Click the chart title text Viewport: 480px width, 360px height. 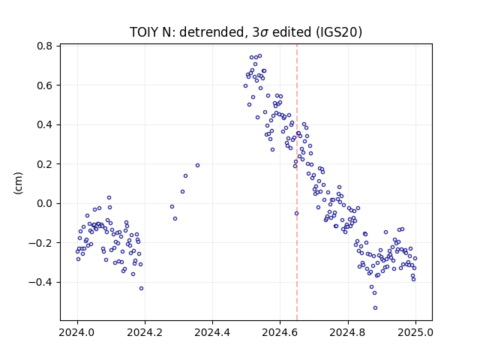point(246,32)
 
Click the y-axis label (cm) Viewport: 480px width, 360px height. point(18,183)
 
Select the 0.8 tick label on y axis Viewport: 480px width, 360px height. point(45,46)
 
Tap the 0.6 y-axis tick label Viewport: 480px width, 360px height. point(45,85)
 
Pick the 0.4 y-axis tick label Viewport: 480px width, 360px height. point(45,125)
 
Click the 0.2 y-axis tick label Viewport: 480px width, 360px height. point(45,164)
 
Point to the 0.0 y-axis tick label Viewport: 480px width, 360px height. point(45,203)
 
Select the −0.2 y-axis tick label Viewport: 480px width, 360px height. point(40,243)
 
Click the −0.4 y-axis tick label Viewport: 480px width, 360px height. point(40,282)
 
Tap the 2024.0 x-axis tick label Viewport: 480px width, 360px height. point(77,332)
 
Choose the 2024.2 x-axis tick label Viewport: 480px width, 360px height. point(145,332)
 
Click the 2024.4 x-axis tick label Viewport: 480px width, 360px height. point(212,332)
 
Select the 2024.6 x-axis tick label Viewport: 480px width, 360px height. point(280,332)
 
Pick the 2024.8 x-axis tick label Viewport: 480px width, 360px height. point(348,332)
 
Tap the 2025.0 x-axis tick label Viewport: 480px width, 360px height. point(415,332)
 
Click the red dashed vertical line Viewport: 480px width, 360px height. point(297,182)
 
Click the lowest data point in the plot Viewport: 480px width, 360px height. point(375,308)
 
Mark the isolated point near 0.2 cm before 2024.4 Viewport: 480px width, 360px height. point(197,166)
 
